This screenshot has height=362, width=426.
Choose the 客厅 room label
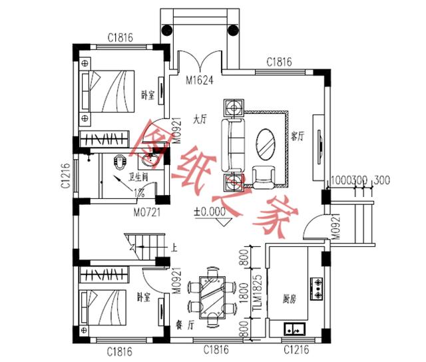point(298,136)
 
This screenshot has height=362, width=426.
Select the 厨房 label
point(289,297)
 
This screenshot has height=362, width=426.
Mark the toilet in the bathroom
point(120,162)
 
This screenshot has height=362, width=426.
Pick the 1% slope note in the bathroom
point(140,194)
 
